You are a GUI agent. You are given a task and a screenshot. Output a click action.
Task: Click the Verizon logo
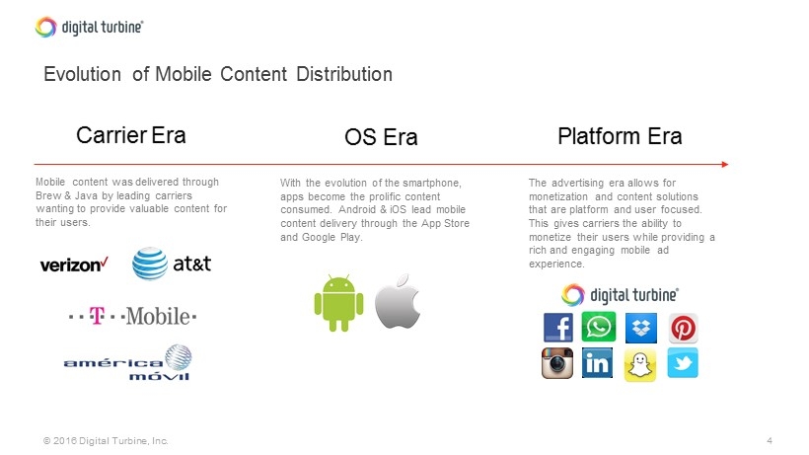[74, 265]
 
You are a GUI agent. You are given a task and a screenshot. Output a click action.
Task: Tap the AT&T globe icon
[150, 264]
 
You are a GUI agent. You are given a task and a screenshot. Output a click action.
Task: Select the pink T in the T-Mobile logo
[97, 315]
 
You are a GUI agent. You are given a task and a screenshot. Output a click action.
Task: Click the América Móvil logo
[127, 362]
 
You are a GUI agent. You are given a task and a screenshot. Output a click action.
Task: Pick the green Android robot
[339, 303]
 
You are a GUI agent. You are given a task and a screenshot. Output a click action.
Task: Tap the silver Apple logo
[398, 301]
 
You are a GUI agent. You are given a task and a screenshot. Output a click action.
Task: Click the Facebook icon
[557, 328]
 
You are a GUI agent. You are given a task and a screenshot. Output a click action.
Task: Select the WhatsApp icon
[599, 327]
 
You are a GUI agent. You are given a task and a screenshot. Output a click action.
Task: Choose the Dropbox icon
[641, 328]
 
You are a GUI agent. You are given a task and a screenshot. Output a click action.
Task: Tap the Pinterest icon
[683, 328]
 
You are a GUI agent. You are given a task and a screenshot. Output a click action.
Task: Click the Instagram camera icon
[557, 362]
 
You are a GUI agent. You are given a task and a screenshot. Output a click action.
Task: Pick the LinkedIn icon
[598, 362]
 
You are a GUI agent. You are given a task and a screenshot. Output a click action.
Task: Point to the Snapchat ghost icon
[640, 365]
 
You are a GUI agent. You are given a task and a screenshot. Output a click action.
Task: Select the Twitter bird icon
[683, 362]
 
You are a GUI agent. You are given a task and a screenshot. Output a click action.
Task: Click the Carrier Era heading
[131, 135]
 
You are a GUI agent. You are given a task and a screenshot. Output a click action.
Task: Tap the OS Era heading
[381, 137]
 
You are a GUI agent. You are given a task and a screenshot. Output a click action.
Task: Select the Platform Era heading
[620, 136]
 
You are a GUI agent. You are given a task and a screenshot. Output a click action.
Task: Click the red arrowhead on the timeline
[725, 165]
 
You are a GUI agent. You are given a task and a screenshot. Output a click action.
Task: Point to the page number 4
[770, 440]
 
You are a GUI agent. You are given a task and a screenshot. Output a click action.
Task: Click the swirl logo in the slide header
[46, 27]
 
